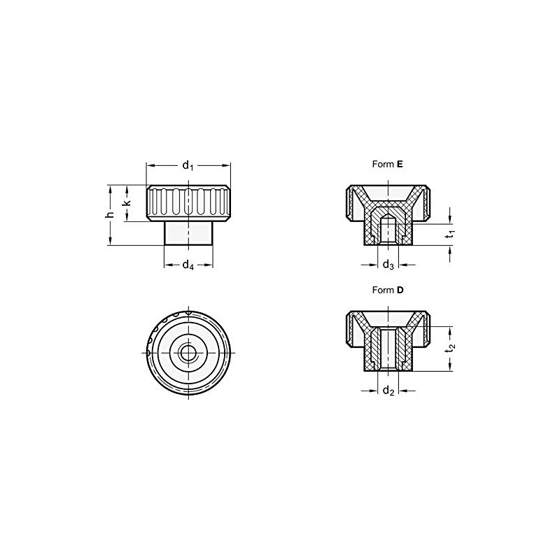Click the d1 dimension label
click(x=188, y=165)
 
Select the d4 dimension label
click(x=188, y=265)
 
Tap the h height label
click(x=109, y=214)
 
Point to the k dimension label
click(x=127, y=203)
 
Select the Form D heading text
click(x=388, y=289)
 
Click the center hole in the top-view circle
click(x=188, y=353)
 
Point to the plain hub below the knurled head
click(x=188, y=233)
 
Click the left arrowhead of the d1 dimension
click(x=149, y=165)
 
